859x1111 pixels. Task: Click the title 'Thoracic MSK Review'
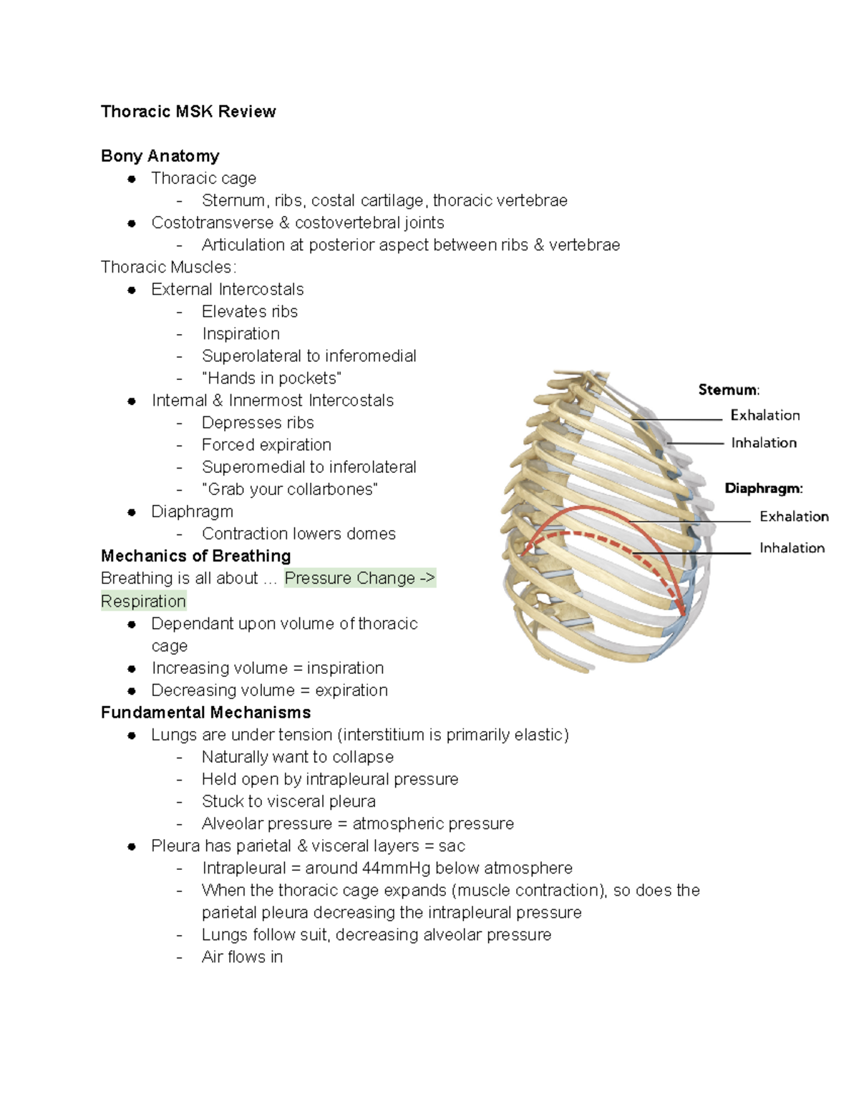188,112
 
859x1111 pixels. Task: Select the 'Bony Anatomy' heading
160,156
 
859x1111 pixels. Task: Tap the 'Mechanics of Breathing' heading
195,556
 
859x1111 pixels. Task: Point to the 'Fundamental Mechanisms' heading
205,713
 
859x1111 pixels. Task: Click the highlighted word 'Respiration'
143,601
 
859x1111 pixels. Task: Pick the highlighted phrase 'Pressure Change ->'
359,578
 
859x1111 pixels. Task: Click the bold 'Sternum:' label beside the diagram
729,390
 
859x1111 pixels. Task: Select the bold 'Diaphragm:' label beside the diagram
763,489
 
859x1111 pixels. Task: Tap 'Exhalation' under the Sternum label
765,416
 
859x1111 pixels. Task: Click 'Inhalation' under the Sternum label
763,443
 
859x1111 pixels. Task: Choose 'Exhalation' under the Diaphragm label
793,517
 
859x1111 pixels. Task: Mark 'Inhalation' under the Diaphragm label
792,548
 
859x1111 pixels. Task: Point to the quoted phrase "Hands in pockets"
271,378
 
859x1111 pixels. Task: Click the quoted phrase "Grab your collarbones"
289,489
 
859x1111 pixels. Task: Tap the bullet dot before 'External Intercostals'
132,290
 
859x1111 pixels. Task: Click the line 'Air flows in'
242,957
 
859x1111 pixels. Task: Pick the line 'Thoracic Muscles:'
168,268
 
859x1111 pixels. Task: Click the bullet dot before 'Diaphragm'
132,512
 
